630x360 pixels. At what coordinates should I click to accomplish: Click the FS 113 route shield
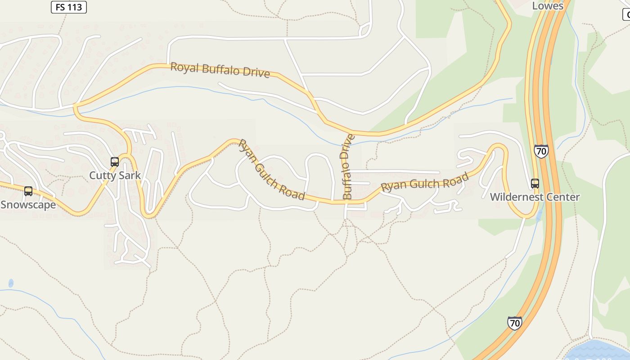click(68, 7)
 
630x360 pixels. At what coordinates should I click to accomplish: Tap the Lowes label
click(548, 6)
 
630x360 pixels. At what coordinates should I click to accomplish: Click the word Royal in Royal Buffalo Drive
click(184, 67)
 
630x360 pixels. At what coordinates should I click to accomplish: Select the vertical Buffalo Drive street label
click(347, 166)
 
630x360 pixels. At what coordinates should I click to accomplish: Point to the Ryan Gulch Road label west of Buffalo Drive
click(271, 170)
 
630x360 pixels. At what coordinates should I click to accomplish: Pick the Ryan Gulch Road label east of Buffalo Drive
click(424, 181)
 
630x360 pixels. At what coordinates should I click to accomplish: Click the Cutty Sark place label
click(115, 175)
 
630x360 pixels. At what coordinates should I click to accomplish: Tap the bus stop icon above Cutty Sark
click(115, 162)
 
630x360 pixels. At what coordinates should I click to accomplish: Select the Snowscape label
click(28, 205)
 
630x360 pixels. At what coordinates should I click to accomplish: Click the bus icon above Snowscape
click(28, 191)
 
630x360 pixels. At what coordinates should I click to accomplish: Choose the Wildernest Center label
click(535, 197)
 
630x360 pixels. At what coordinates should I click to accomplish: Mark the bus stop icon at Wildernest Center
click(535, 183)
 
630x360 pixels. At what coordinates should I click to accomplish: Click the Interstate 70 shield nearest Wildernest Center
click(541, 151)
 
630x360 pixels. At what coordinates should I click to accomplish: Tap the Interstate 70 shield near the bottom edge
click(514, 323)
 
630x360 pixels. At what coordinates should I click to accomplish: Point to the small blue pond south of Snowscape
click(11, 283)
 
